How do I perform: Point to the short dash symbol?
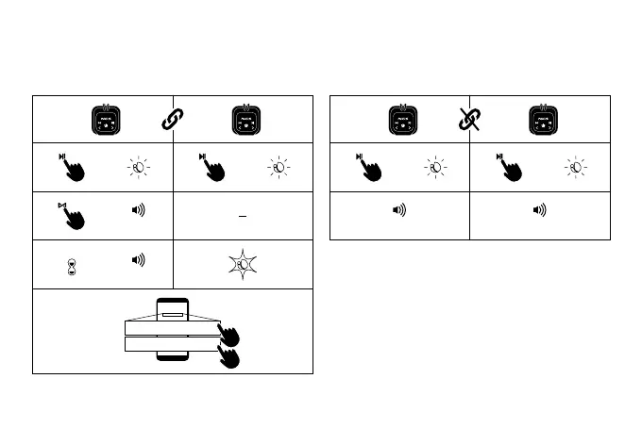click(243, 216)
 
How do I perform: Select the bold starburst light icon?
click(243, 264)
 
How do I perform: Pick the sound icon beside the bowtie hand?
click(138, 208)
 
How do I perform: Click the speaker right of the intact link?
click(245, 120)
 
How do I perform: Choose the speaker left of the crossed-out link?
click(403, 120)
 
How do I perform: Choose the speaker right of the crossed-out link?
click(543, 120)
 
